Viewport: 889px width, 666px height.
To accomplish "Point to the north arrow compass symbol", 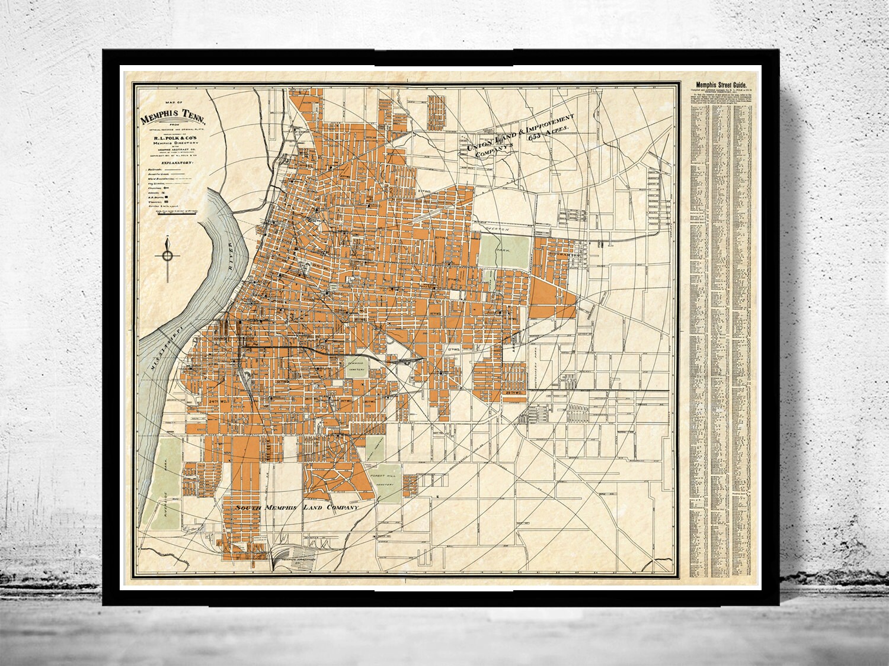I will (168, 255).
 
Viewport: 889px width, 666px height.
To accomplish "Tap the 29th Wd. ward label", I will (512, 392).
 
